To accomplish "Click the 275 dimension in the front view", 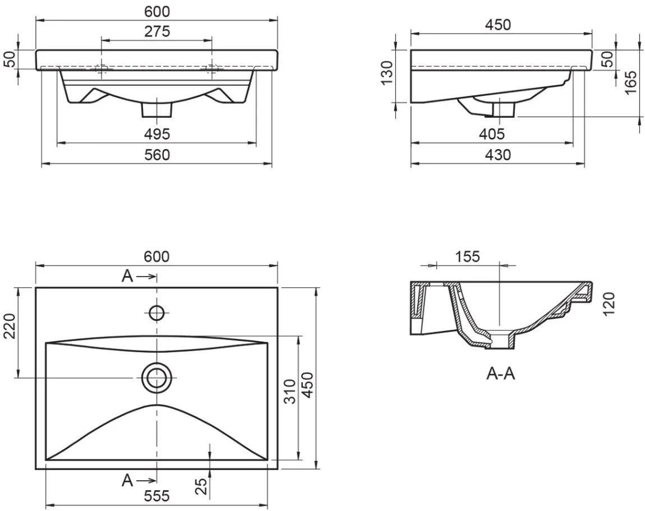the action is click(x=156, y=31).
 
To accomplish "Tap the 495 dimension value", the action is click(x=156, y=134).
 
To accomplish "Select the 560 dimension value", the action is click(x=156, y=155).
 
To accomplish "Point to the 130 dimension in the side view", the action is click(x=387, y=72).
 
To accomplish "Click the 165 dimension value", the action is click(x=630, y=82).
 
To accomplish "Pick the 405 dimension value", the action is click(x=492, y=134).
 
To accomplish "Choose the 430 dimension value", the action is click(x=498, y=155).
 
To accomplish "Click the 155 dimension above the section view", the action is click(x=468, y=257).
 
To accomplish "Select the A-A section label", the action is click(x=501, y=374).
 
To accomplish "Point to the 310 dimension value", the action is click(x=290, y=392).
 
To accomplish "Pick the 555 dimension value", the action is click(x=156, y=496).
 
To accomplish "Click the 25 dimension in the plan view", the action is click(x=201, y=487).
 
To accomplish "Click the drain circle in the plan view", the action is click(x=156, y=378).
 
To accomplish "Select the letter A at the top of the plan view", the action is click(x=127, y=277).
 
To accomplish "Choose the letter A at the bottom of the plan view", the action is click(x=127, y=480).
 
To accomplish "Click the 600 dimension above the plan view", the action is click(x=156, y=257).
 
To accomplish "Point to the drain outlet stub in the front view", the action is click(x=156, y=110).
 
